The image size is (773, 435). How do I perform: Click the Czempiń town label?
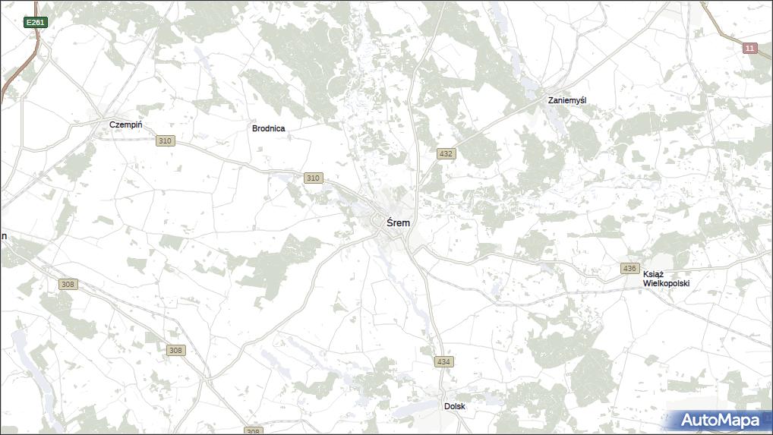point(126,125)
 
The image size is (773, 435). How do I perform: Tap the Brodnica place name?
point(269,128)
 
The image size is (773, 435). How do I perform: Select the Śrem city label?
point(399,223)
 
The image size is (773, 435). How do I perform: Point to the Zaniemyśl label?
point(568,100)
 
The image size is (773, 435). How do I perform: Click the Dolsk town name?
point(455,406)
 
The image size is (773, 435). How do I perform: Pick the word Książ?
point(653,274)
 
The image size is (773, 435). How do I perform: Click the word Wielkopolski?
point(666,283)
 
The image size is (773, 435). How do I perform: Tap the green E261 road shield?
point(36,23)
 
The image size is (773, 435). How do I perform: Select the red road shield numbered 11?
point(750,49)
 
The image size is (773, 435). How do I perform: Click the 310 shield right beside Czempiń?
point(166,141)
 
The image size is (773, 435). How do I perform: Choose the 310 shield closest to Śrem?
point(313,178)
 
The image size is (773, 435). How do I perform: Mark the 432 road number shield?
point(446,153)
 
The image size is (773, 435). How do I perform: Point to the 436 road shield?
point(629,269)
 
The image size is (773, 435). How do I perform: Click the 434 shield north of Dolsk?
point(444,361)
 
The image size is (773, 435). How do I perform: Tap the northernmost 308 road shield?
point(68,284)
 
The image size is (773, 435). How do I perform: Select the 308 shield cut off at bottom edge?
point(254,431)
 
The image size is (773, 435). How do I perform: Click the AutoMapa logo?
point(720,420)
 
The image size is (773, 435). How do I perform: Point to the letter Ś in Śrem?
point(390,222)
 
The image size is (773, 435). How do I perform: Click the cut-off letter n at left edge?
point(3,236)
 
